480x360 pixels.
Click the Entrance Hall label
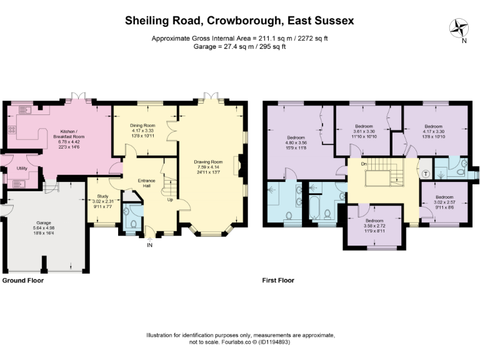[x=146, y=182]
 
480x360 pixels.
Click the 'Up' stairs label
[x=169, y=200]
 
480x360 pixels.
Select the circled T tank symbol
[x=426, y=174]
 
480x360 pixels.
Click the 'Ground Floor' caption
[x=24, y=281]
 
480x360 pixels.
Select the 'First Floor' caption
[x=279, y=281]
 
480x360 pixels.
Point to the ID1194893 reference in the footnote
[x=270, y=342]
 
